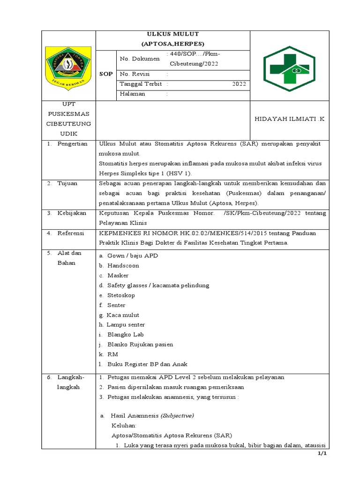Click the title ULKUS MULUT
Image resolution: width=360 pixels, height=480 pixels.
[173, 34]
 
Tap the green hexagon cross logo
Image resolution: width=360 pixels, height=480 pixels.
[286, 68]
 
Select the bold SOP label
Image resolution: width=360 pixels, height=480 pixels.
[105, 75]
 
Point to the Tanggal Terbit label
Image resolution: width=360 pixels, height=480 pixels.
[141, 84]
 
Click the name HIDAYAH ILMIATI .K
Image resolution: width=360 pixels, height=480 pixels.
[289, 120]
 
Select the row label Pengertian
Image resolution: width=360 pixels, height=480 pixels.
[72, 143]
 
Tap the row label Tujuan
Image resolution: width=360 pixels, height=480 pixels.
[67, 183]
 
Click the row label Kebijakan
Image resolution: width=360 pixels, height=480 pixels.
[72, 213]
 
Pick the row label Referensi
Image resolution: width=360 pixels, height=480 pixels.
[72, 232]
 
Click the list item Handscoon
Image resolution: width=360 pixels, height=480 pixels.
[123, 265]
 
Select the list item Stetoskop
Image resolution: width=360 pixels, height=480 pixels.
[121, 295]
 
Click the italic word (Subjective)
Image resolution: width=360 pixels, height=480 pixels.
[177, 415]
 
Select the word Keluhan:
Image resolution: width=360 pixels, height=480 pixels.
[124, 425]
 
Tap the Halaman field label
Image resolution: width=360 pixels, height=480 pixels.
[133, 94]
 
